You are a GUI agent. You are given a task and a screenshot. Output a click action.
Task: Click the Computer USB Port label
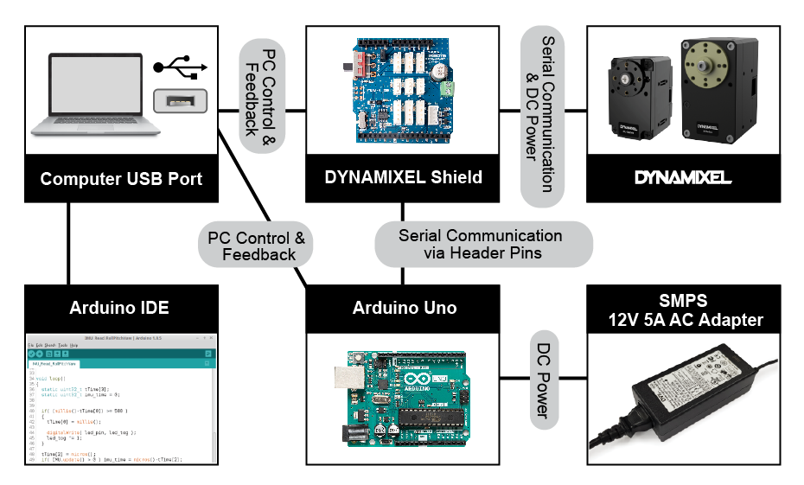[x=121, y=180]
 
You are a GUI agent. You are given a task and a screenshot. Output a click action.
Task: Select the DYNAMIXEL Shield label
[x=404, y=178]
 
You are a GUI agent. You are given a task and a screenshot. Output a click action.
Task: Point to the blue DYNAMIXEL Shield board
[x=404, y=91]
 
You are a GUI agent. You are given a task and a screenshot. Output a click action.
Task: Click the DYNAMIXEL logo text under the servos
[x=683, y=178]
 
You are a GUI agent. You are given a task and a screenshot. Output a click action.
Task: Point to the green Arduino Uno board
[x=404, y=398]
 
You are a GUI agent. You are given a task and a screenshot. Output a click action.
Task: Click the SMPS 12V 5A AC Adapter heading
[x=683, y=310]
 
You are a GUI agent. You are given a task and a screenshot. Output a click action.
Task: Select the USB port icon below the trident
[x=180, y=100]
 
